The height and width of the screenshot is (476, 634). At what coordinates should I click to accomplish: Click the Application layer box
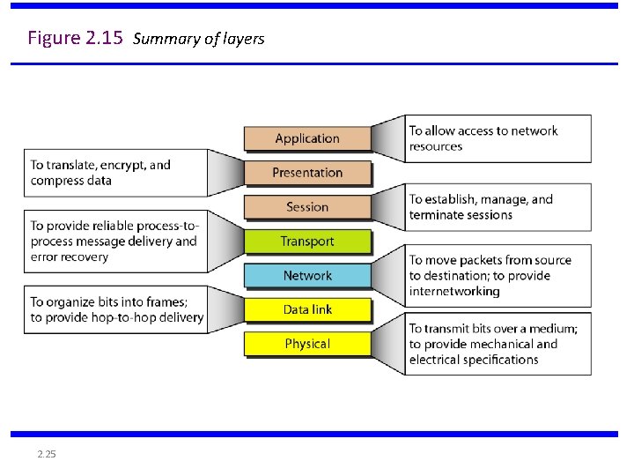[306, 138]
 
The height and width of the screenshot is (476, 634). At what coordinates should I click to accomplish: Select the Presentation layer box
[306, 173]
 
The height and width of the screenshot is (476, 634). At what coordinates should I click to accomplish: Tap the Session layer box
[306, 207]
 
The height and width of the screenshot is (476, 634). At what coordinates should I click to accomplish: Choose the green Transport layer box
[306, 241]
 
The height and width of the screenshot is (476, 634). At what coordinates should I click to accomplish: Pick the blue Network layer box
[306, 275]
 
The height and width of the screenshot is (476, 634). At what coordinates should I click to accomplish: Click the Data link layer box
[306, 309]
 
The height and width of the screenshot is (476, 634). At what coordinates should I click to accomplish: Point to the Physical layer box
[306, 344]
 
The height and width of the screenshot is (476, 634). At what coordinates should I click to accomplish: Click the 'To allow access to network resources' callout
[497, 138]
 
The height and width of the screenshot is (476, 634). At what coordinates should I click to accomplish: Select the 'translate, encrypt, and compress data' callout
[115, 173]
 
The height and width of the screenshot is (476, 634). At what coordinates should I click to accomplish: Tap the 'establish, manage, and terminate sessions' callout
[497, 207]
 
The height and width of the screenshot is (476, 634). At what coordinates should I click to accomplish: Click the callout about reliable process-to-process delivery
[115, 241]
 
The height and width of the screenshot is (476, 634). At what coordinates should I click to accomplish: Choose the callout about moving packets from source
[497, 275]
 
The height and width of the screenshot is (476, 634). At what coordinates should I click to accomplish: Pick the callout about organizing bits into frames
[115, 309]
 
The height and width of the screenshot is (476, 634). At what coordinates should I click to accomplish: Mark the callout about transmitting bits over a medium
[497, 344]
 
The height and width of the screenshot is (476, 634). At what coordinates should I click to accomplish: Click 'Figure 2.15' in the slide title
[75, 38]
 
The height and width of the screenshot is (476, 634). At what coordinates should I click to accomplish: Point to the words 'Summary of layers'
[198, 39]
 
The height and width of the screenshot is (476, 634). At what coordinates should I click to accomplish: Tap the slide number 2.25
[47, 454]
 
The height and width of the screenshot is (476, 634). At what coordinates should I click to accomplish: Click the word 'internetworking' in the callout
[454, 291]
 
